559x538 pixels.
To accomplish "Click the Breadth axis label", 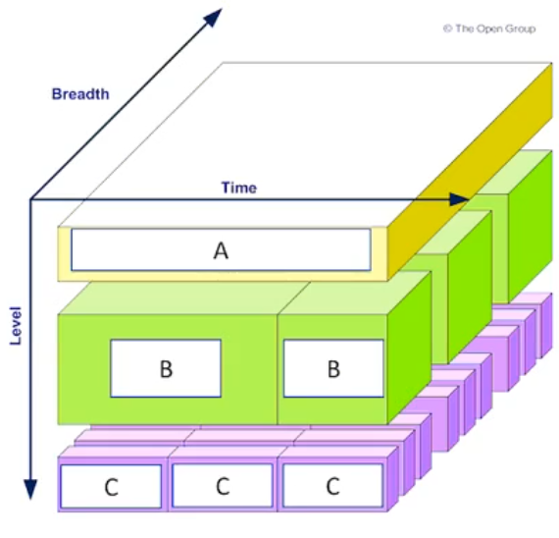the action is click(80, 94).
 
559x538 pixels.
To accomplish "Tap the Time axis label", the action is click(239, 188).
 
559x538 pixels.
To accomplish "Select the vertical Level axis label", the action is click(16, 326).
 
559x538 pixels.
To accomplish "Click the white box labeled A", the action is click(221, 250).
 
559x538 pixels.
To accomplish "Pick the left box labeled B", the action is click(166, 368).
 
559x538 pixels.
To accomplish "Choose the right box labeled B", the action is click(333, 368).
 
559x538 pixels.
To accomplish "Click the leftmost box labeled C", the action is click(111, 486).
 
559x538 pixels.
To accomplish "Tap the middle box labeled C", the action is click(223, 486).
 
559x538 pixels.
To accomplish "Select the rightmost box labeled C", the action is click(332, 486).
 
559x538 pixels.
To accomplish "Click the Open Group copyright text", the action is click(489, 28).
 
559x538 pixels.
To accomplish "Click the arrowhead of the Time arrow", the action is click(459, 199).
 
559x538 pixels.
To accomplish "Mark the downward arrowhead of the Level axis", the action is click(30, 489).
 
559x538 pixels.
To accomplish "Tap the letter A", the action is click(221, 250).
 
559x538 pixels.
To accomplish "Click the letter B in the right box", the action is click(333, 369).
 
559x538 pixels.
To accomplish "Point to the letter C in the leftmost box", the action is click(111, 487).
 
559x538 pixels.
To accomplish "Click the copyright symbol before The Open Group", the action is click(448, 28).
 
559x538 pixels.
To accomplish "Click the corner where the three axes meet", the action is click(30, 199).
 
